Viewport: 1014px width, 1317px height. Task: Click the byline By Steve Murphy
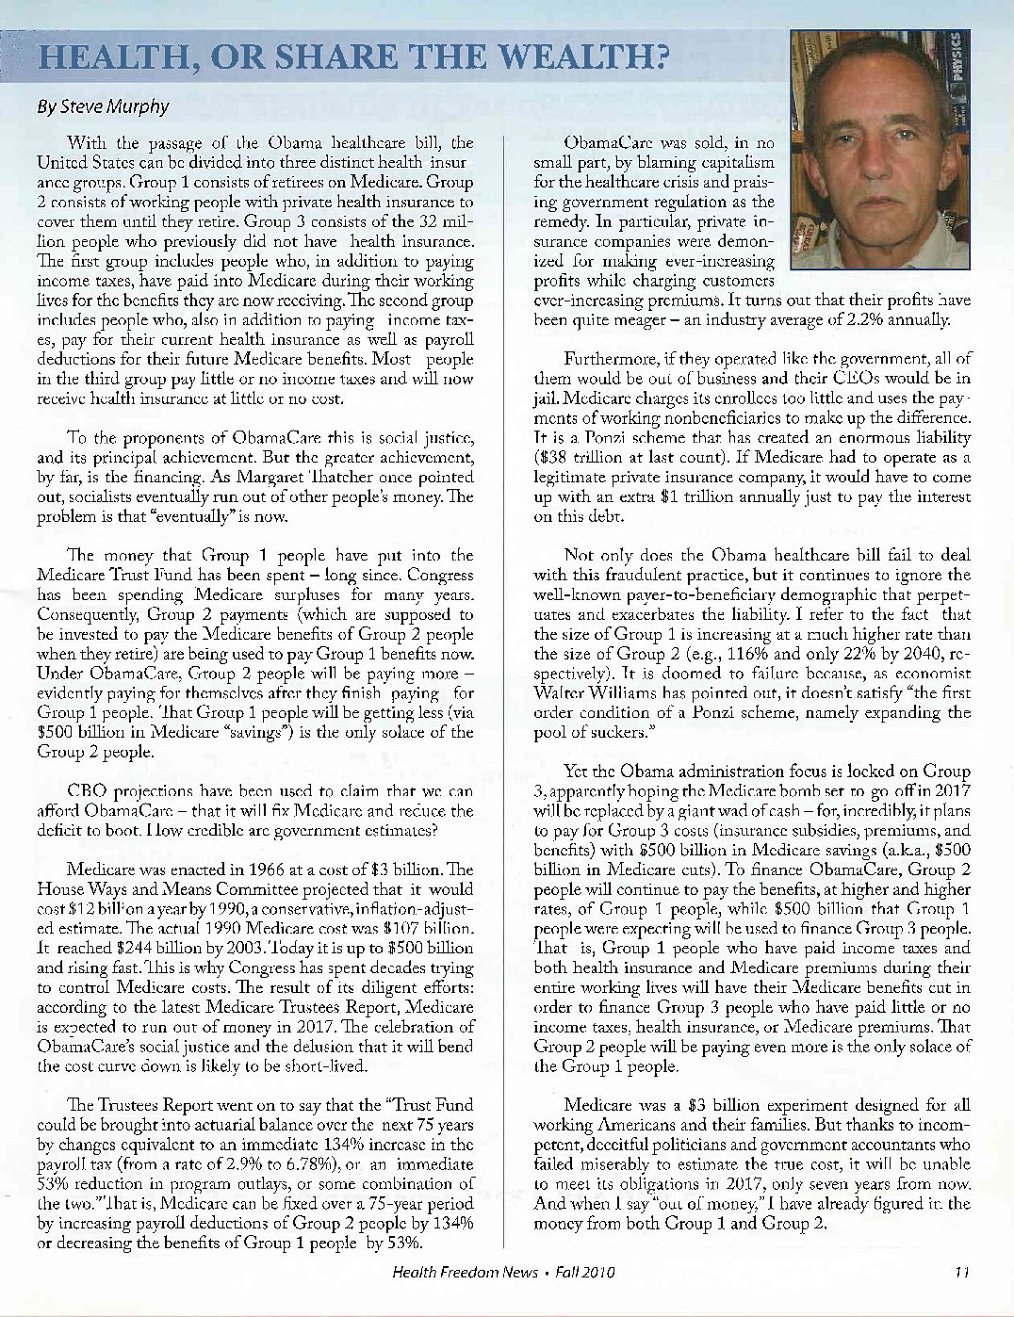tap(103, 106)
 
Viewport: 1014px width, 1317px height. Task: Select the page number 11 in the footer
tap(961, 1272)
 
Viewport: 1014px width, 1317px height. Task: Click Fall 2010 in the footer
tap(584, 1272)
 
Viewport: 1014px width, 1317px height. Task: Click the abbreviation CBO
tap(87, 791)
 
